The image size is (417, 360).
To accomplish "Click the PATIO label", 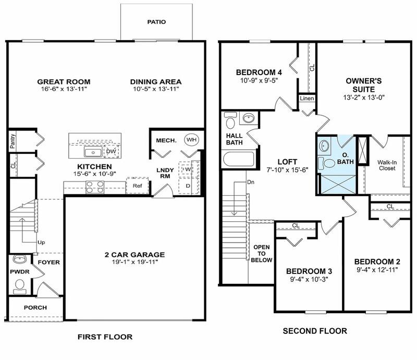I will [157, 22].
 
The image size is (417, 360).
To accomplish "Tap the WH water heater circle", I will [191, 140].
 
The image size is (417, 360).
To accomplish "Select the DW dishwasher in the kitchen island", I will [111, 152].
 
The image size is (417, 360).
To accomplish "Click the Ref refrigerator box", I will [138, 186].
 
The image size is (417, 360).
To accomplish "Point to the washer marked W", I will [187, 170].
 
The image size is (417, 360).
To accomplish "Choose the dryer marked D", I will [187, 185].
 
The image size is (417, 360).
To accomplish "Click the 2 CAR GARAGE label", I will [134, 255].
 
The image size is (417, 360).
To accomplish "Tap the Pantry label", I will [13, 141].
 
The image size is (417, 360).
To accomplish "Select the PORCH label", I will [35, 307].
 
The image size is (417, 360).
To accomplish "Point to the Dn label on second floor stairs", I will [251, 183].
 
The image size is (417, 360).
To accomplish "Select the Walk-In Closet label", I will [387, 165].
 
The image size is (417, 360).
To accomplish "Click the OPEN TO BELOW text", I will [261, 253].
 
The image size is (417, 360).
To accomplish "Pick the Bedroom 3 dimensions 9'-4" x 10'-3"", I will [309, 279].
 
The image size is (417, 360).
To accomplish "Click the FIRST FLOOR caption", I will [105, 337].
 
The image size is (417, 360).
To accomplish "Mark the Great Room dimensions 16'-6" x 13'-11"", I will [64, 90].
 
